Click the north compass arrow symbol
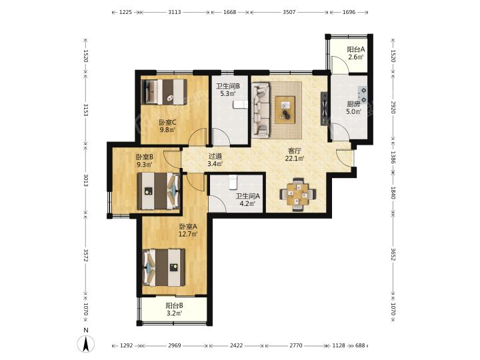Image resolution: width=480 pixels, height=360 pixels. tap(86, 344)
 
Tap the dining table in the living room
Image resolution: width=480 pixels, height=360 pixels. tap(297, 194)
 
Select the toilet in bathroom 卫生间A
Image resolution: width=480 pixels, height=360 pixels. tap(233, 181)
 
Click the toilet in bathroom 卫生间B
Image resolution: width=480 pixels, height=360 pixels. tap(240, 105)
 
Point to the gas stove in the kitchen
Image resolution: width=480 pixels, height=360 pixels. tap(363, 95)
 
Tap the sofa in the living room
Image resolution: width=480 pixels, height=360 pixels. tap(261, 110)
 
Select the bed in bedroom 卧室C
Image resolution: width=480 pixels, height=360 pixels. tap(164, 92)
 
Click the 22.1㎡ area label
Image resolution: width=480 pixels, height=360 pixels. tap(295, 158)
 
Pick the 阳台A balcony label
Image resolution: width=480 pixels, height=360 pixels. tap(356, 49)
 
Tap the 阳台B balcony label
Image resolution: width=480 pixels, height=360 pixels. tap(175, 305)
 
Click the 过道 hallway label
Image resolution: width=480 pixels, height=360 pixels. tap(215, 156)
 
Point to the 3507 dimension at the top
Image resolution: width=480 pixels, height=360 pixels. tap(289, 12)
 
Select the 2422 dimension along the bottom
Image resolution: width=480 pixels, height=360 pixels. tap(236, 345)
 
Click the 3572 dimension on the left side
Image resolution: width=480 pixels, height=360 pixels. tap(86, 255)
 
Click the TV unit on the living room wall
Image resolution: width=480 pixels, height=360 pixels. tap(324, 109)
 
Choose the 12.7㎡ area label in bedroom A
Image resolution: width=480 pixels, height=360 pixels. tap(188, 234)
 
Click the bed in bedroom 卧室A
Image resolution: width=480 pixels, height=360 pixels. tap(164, 267)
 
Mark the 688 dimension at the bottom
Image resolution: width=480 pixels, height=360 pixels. tap(360, 345)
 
